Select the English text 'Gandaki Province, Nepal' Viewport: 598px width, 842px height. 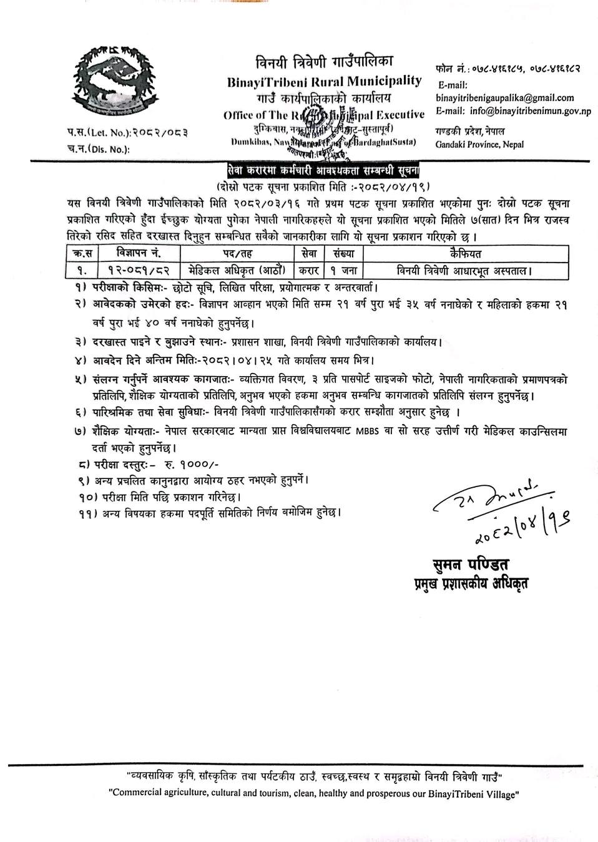[x=480, y=145]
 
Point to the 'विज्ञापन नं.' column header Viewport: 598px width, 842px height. [x=139, y=254]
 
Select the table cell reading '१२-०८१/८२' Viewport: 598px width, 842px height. [x=139, y=271]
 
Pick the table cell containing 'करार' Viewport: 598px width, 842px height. [x=308, y=271]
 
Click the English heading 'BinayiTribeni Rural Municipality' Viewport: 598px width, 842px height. [x=323, y=82]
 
